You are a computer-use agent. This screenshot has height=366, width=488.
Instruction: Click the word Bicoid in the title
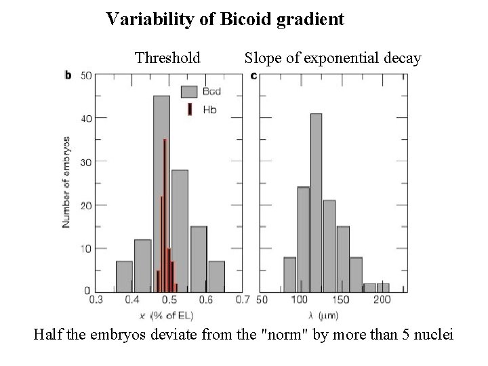click(244, 19)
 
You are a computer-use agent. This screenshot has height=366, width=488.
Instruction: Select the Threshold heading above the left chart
click(167, 58)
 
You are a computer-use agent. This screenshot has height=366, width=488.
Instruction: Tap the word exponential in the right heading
click(335, 58)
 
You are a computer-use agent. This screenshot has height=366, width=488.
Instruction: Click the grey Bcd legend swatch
click(188, 91)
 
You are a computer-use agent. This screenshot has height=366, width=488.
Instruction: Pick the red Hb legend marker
click(190, 110)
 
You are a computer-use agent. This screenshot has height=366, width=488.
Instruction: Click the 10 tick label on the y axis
click(86, 248)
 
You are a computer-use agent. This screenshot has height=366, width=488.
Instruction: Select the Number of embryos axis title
click(66, 183)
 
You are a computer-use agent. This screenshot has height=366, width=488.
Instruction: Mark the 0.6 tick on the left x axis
click(205, 299)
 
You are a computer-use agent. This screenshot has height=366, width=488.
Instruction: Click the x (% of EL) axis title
click(164, 315)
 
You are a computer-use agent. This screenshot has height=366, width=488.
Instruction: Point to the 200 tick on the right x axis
click(382, 299)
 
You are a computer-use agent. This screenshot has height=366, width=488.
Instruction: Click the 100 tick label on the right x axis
click(300, 299)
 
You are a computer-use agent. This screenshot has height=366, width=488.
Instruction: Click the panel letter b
click(67, 75)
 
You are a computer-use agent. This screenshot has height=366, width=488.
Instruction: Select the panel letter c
click(253, 75)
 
